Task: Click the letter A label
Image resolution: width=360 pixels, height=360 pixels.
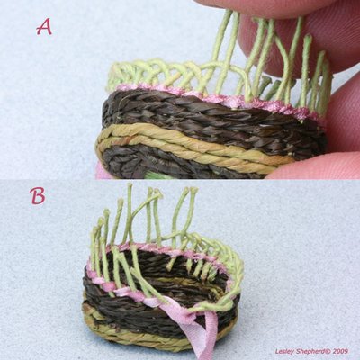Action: tap(44, 27)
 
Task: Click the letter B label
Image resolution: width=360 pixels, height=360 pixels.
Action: tap(38, 195)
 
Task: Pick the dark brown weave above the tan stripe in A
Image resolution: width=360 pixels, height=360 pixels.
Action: tap(210, 120)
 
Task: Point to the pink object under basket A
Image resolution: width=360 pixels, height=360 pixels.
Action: tap(100, 172)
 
